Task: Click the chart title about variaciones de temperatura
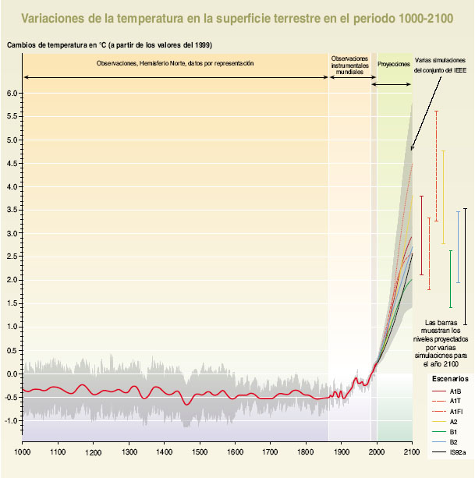237,18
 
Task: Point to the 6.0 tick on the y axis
12,94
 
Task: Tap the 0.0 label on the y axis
12,374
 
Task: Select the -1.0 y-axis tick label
11,420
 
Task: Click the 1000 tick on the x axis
22,451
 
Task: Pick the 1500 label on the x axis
199,451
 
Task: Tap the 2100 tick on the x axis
412,451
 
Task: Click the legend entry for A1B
456,391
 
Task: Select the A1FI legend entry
457,411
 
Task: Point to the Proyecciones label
393,63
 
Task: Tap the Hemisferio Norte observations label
175,62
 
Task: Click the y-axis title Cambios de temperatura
109,44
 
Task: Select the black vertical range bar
465,265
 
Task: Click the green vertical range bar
450,278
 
